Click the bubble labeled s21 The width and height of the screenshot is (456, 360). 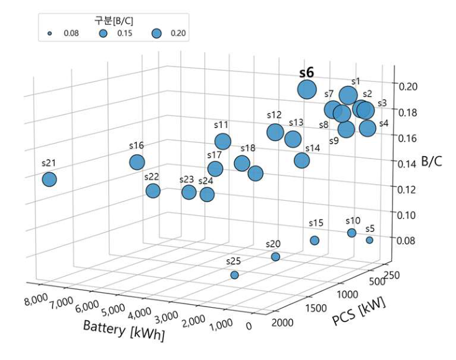pyautogui.click(x=49, y=180)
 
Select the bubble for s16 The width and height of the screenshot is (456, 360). pyautogui.click(x=137, y=162)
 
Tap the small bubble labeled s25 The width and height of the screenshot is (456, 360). pyautogui.click(x=234, y=275)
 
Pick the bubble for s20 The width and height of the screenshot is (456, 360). pyautogui.click(x=275, y=257)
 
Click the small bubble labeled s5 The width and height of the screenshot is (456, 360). pyautogui.click(x=370, y=240)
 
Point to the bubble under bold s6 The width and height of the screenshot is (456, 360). pyautogui.click(x=307, y=90)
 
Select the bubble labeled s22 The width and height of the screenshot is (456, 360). pyautogui.click(x=153, y=191)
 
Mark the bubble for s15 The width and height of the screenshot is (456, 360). pyautogui.click(x=314, y=241)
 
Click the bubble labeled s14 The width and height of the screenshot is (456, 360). pyautogui.click(x=302, y=160)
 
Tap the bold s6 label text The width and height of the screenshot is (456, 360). pyautogui.click(x=306, y=73)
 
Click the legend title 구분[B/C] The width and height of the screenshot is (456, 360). pyautogui.click(x=114, y=20)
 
